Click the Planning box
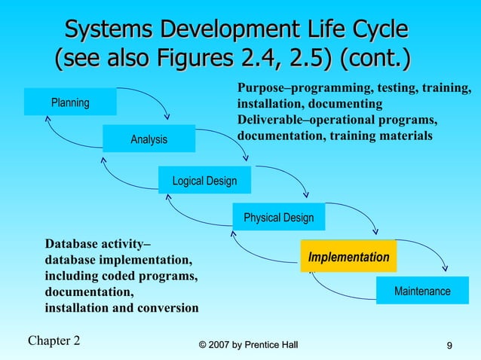(70, 102)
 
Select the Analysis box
(149, 139)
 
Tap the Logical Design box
(204, 181)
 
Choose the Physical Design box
(278, 218)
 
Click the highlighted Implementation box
(348, 257)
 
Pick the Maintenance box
(422, 291)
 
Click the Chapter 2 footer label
(54, 340)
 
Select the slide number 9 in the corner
(449, 346)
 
